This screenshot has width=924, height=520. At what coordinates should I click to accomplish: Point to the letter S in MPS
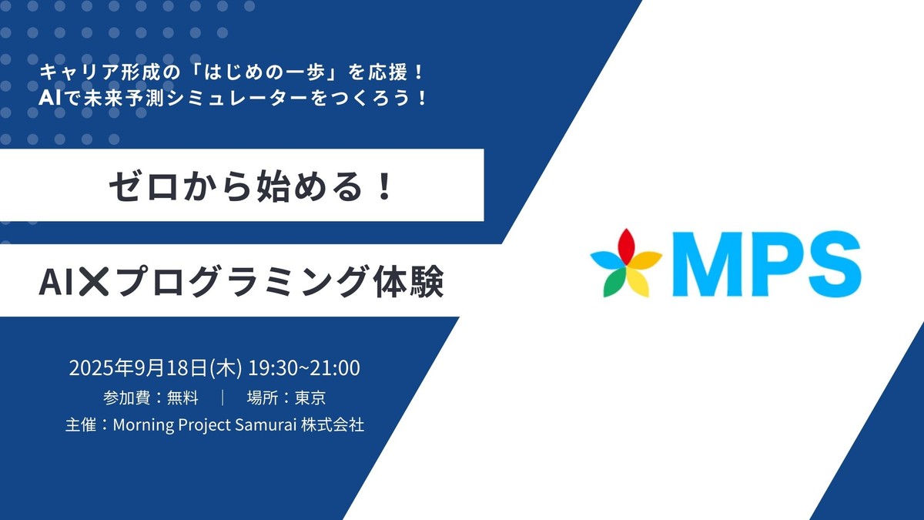click(x=831, y=264)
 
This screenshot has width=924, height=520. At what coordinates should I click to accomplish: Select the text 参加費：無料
click(x=150, y=398)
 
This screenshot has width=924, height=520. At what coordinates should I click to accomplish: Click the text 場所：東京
click(x=291, y=398)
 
